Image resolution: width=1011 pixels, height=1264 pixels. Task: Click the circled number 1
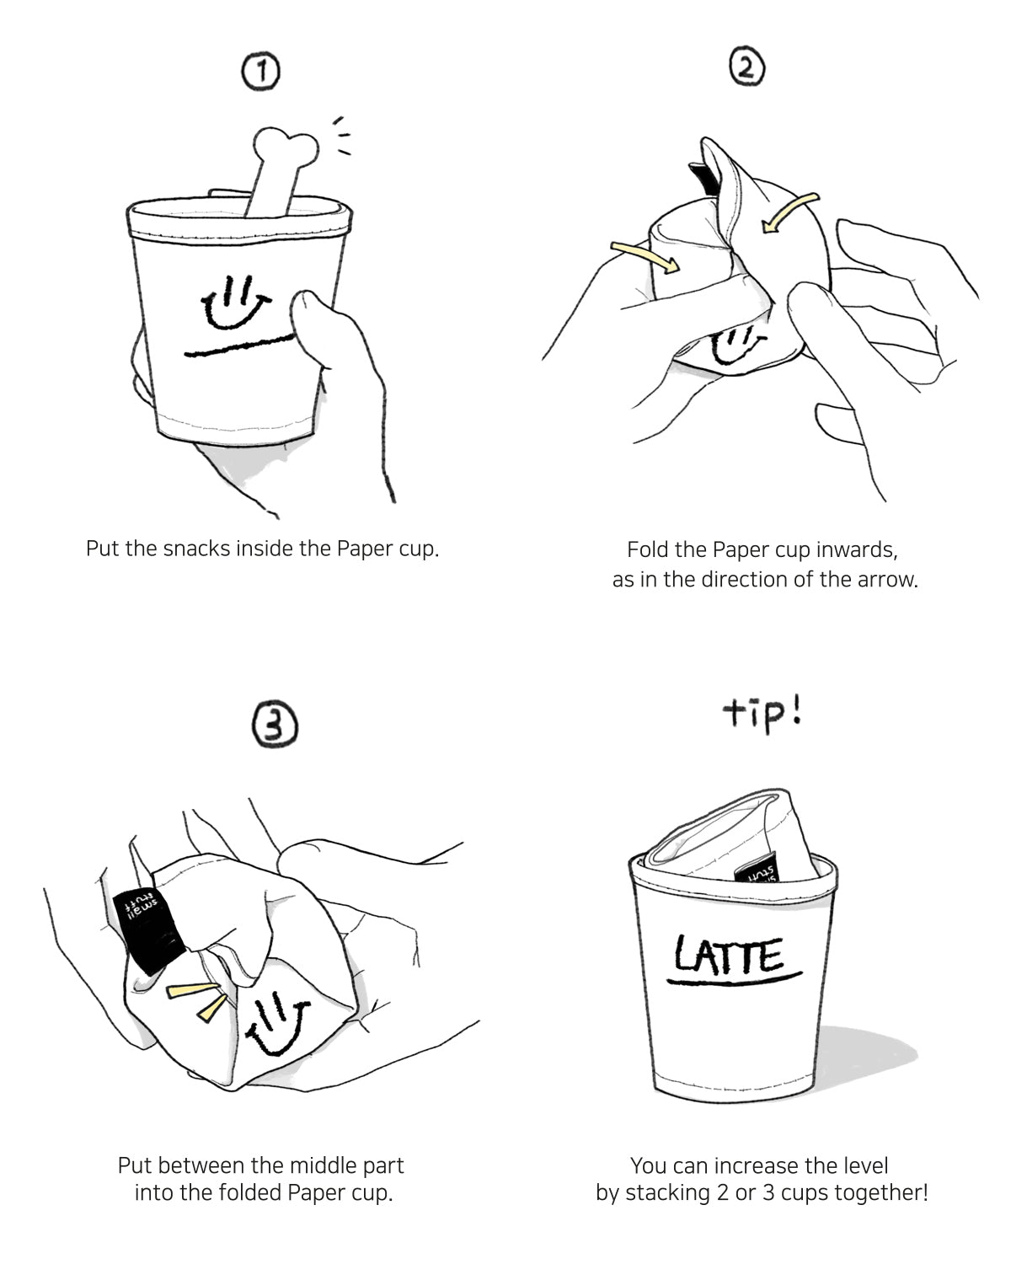(260, 73)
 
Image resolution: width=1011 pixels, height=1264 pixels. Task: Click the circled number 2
(746, 67)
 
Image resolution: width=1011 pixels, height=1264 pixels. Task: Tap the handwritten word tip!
(762, 715)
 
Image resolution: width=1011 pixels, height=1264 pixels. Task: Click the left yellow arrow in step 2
(645, 256)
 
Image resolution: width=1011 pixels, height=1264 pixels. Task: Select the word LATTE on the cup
(730, 955)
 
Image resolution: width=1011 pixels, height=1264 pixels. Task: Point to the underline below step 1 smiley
(240, 344)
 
